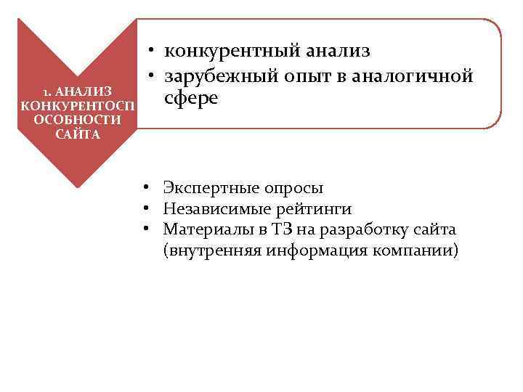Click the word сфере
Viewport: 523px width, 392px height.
191,99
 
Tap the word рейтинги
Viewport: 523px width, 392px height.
312,210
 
